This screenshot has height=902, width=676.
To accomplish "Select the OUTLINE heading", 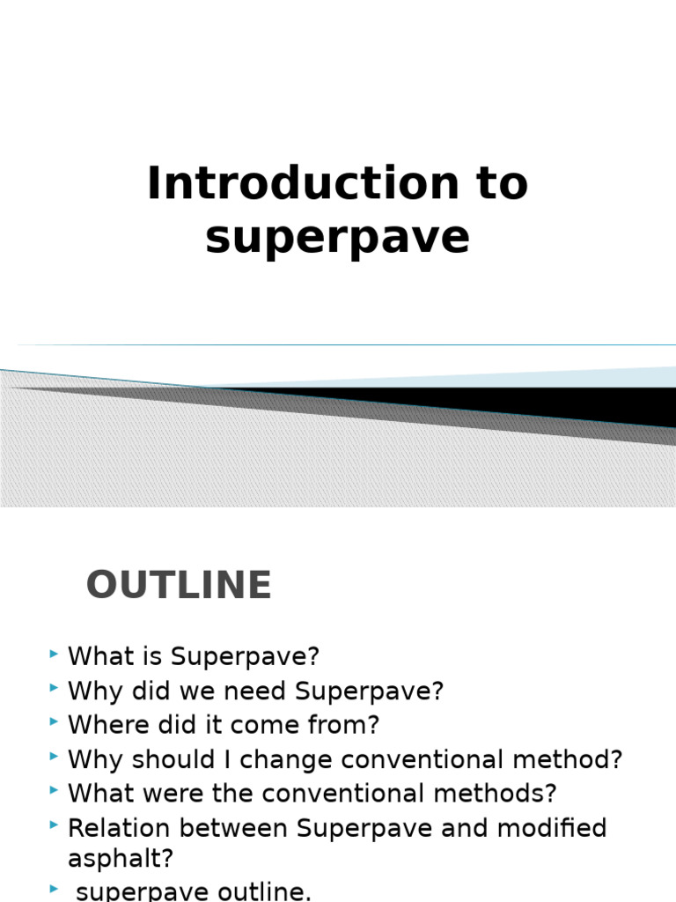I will tap(179, 586).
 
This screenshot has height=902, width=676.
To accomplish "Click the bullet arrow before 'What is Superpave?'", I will tap(55, 654).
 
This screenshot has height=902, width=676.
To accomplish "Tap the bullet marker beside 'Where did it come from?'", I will tap(55, 723).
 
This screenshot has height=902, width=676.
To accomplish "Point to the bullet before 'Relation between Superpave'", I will tap(55, 825).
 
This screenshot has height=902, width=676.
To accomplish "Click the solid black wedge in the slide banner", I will tap(528, 403).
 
